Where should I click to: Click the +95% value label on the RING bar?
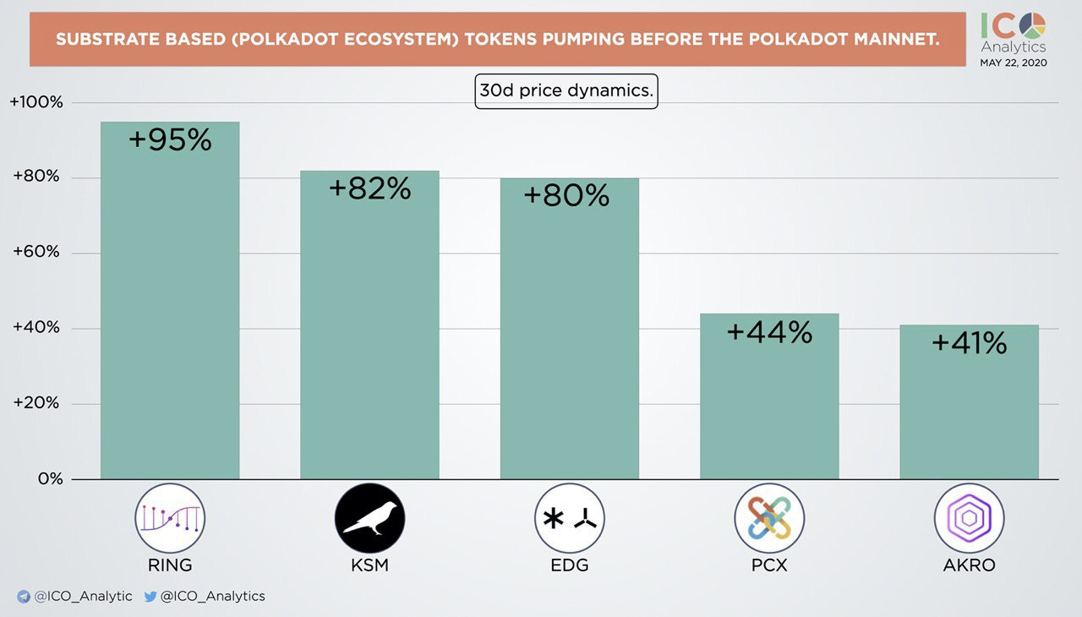170,140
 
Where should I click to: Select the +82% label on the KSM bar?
369,188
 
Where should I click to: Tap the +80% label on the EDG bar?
566,195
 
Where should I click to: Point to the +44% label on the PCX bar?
769,332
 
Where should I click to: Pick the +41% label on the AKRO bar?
969,342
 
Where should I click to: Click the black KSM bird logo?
369,518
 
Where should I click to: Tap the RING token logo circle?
170,518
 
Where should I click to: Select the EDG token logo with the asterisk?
570,518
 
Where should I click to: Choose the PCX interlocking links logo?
769,518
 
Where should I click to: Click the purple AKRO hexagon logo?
969,518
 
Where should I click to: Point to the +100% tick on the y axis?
36,102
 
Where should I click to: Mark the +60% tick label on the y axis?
38,253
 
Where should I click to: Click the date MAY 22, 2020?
1013,63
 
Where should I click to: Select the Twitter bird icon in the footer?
150,596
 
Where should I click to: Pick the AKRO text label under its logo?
969,565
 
